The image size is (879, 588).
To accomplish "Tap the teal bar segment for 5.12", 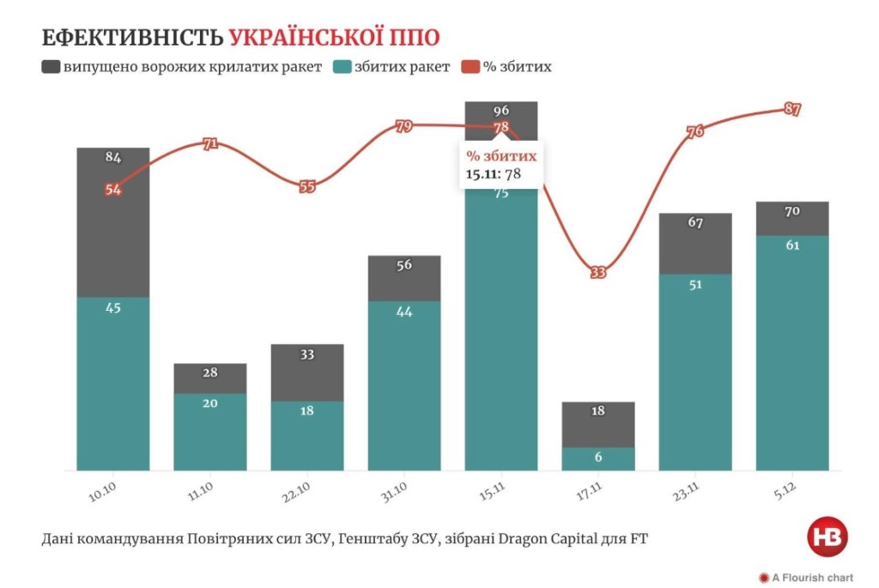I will [x=792, y=352].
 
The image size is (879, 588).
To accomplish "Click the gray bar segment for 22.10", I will [x=307, y=373].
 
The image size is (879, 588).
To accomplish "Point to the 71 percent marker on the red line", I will [x=210, y=144].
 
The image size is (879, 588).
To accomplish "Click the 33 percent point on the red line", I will [x=598, y=272].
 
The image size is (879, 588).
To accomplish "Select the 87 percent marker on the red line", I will [x=792, y=109].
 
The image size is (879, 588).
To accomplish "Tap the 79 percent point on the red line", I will [x=404, y=127].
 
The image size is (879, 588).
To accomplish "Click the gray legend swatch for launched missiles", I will [x=50, y=66].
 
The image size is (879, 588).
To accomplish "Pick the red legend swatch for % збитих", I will [x=470, y=66].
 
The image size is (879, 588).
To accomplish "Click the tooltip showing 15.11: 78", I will [x=501, y=165].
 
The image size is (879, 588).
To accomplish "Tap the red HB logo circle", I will [x=827, y=537].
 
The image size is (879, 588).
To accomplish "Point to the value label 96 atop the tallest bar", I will [x=501, y=110].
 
